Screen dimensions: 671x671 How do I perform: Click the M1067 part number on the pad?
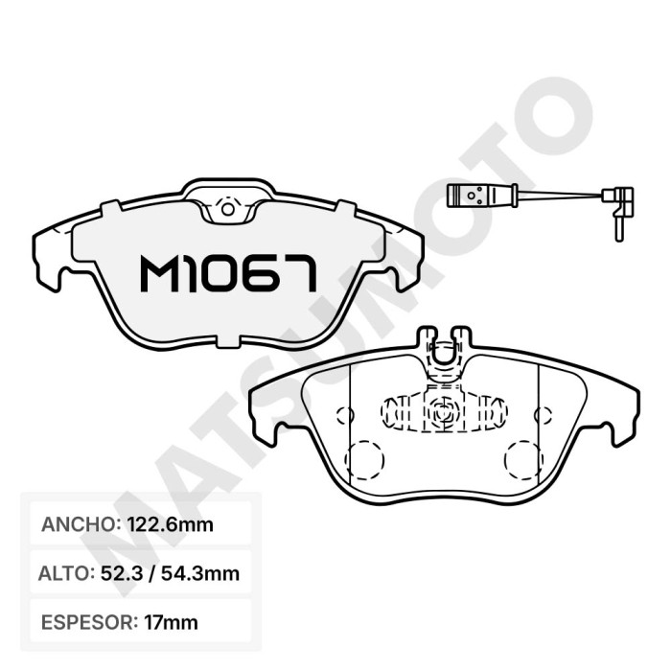[x=228, y=274]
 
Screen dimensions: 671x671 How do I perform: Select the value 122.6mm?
[x=171, y=524]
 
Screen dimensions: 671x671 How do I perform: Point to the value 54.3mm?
[x=199, y=573]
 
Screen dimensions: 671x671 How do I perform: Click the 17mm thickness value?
[x=172, y=622]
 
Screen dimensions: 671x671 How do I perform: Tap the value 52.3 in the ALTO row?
[x=121, y=573]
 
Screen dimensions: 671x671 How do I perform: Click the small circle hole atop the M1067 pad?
[x=228, y=209]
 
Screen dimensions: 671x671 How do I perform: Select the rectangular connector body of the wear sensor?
[x=471, y=196]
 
